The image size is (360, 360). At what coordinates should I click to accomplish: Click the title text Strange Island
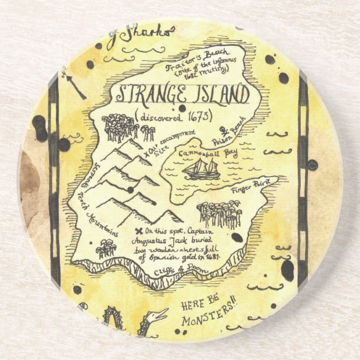182,94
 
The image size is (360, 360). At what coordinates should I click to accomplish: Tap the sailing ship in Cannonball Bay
202,168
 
